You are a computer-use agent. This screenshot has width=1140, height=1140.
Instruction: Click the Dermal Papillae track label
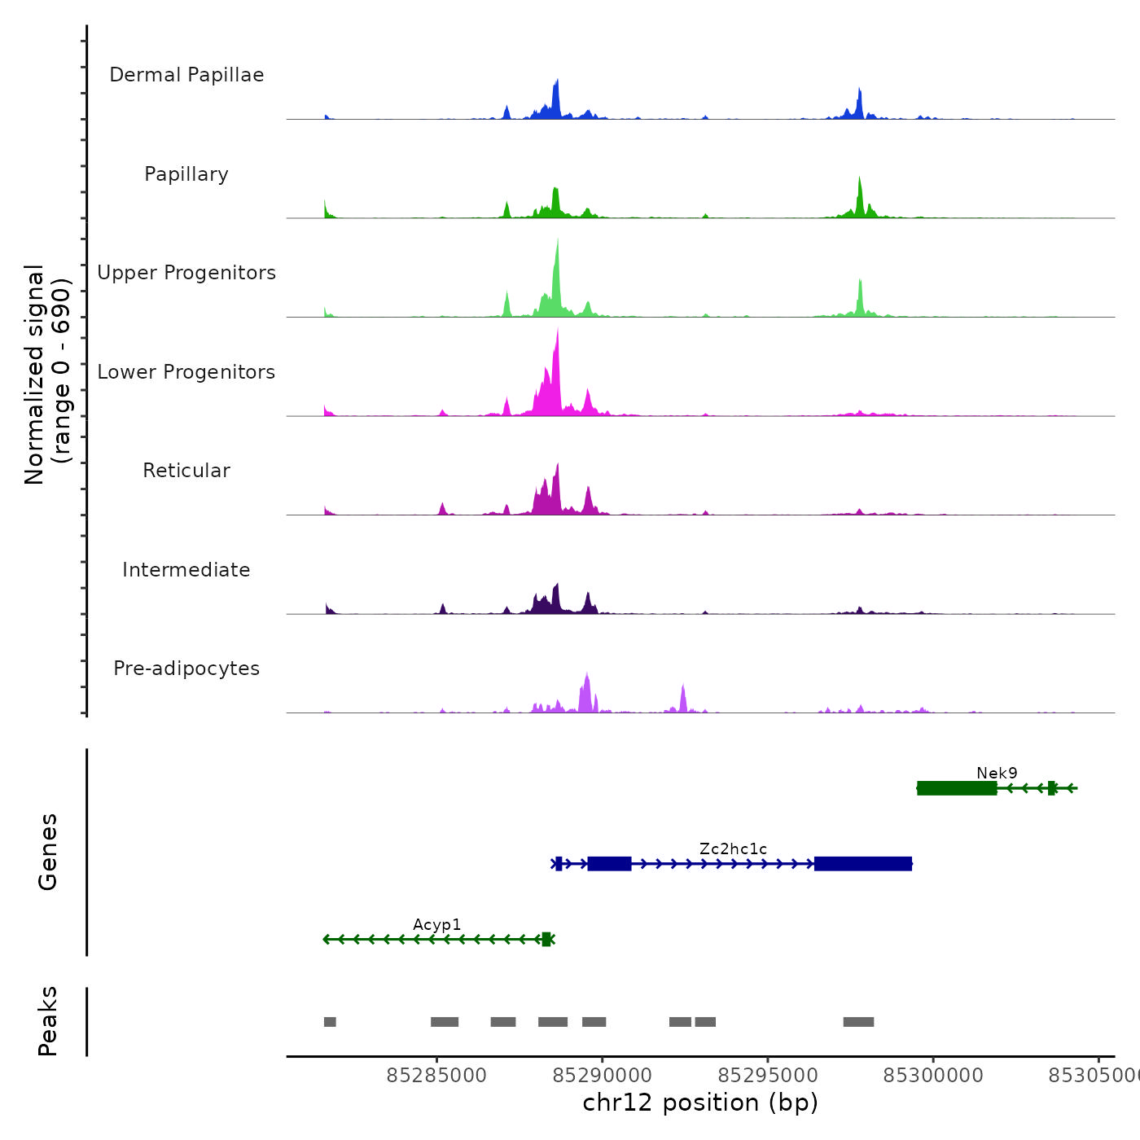click(x=186, y=75)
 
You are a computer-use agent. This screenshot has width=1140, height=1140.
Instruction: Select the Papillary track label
click(x=186, y=174)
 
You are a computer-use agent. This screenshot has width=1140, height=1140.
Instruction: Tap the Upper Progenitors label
click(x=186, y=273)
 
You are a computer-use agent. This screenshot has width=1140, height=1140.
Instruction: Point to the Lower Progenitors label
click(x=186, y=372)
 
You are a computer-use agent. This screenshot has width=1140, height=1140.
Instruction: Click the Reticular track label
click(x=186, y=471)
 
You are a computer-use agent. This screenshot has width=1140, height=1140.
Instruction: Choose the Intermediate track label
click(x=186, y=570)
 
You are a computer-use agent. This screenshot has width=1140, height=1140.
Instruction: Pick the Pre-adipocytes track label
click(x=186, y=669)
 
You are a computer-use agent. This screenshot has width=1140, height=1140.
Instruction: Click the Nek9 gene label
click(x=997, y=773)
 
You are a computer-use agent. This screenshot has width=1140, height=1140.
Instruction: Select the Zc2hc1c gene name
click(x=733, y=848)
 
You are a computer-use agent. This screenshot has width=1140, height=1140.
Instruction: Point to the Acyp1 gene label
click(x=436, y=924)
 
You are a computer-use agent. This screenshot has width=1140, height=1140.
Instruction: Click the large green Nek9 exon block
click(x=957, y=788)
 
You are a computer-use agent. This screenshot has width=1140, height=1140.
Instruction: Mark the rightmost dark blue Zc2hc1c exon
click(x=863, y=864)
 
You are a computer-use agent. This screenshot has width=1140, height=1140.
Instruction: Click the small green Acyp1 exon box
click(x=546, y=940)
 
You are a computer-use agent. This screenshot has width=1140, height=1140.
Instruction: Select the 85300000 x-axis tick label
click(x=933, y=1075)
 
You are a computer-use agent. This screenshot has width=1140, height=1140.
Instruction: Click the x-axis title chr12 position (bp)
click(x=700, y=1103)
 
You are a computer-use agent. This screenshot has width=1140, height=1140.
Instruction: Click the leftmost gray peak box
click(x=330, y=1022)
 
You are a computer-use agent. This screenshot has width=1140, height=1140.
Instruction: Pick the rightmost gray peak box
click(x=858, y=1022)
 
